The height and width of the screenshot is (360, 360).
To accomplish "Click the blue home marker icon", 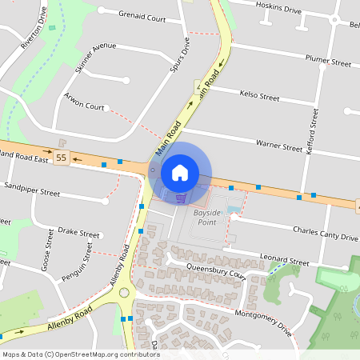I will pos(180,172).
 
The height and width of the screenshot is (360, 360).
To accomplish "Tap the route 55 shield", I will pos(62,157).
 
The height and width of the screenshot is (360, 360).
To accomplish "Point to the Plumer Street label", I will pos(329,62).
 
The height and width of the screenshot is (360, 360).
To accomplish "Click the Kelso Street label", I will pos(260,97).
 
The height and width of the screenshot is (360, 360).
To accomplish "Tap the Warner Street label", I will pos(278,146).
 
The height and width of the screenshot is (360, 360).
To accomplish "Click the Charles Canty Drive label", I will pos(325,237).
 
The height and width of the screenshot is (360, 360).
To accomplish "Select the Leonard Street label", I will pos(284,261).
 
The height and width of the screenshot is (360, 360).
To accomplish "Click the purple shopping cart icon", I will pos(181,198).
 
